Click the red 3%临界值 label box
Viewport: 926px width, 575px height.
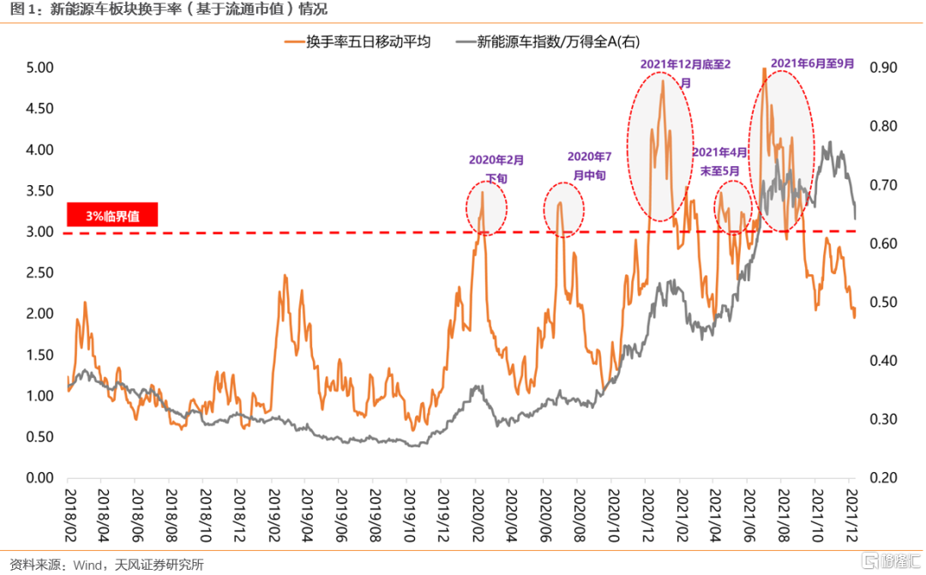[x=112, y=216]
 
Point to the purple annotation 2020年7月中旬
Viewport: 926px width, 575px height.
[x=591, y=165]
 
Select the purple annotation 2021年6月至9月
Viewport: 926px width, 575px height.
[x=812, y=63]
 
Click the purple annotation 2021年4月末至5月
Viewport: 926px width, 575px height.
[x=719, y=161]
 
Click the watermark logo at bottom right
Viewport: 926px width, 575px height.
[x=893, y=560]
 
